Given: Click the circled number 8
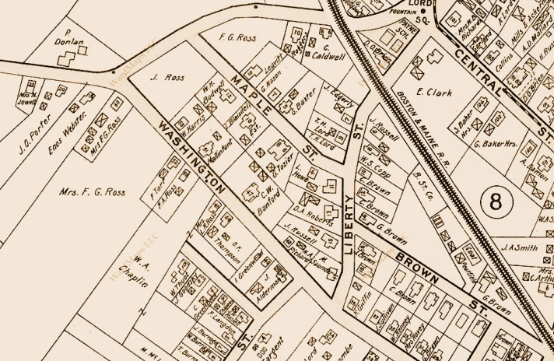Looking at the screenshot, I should pyautogui.click(x=496, y=204).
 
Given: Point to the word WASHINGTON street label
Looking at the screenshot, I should pyautogui.click(x=192, y=158).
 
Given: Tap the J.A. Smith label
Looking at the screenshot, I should pyautogui.click(x=521, y=248).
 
